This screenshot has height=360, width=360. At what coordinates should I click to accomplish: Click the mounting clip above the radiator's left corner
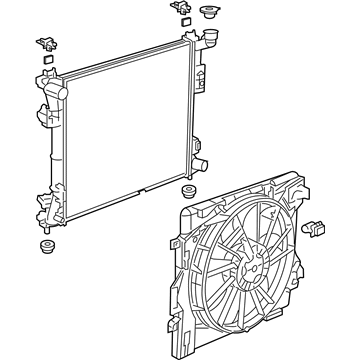click(x=46, y=44)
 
